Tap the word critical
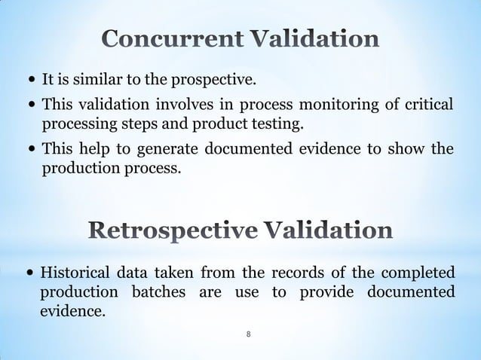coord(428,104)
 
